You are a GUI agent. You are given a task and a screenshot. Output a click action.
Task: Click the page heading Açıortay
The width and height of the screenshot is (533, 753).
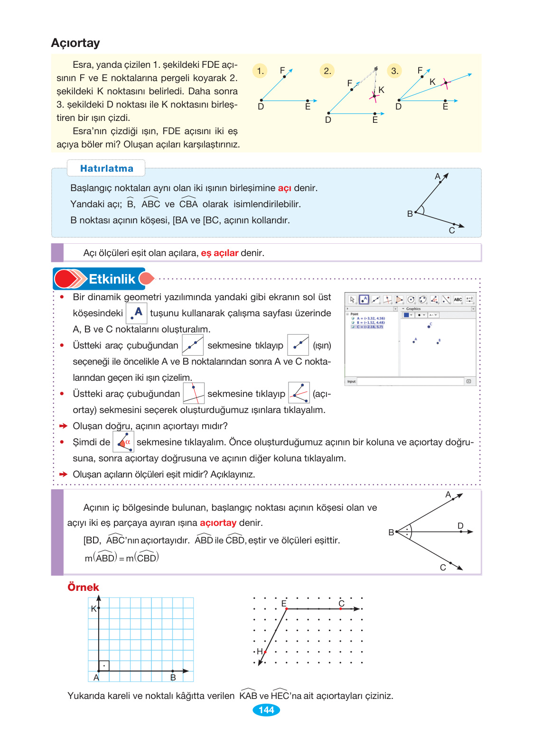point(75,43)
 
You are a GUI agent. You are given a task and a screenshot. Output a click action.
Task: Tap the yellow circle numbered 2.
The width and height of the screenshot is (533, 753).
point(327,71)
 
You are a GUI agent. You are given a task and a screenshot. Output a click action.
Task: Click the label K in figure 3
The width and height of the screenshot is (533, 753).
point(432,82)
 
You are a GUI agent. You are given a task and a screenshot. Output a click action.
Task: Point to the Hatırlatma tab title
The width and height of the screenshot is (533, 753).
point(106,168)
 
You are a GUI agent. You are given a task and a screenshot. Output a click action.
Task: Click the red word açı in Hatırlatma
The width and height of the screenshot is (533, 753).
point(284,188)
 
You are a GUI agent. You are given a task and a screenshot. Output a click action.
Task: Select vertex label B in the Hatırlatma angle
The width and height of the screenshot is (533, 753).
point(410,214)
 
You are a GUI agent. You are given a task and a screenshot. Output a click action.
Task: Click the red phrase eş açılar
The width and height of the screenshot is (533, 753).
point(219,253)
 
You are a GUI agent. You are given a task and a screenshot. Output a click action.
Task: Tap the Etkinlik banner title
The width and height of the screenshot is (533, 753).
point(112,279)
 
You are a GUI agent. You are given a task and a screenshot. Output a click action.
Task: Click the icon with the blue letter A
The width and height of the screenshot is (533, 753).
point(137,312)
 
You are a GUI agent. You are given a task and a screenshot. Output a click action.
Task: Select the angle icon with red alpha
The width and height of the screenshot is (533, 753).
point(123,442)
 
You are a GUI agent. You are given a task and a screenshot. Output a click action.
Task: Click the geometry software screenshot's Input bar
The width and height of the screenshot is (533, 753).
point(411,381)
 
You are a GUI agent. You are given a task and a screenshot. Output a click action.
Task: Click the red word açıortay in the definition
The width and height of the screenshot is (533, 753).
point(218,523)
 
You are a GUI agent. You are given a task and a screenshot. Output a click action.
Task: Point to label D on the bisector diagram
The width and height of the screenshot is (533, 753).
point(460,525)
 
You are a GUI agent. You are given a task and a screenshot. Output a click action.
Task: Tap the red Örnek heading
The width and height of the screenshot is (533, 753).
point(83,588)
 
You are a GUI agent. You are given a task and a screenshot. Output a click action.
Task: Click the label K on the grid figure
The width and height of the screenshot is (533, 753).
point(94,609)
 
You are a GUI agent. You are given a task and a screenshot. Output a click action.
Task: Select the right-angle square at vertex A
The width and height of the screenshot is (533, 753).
point(104,666)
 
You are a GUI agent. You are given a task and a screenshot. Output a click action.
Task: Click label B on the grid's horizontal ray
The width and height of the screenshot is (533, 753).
point(173,678)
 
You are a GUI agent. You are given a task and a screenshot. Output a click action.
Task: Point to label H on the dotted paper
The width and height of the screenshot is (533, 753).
point(260,652)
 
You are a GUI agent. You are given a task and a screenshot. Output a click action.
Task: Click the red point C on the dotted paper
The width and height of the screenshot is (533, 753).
point(341,608)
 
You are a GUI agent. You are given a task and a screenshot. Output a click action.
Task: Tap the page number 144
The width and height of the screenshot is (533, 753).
point(266,710)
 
